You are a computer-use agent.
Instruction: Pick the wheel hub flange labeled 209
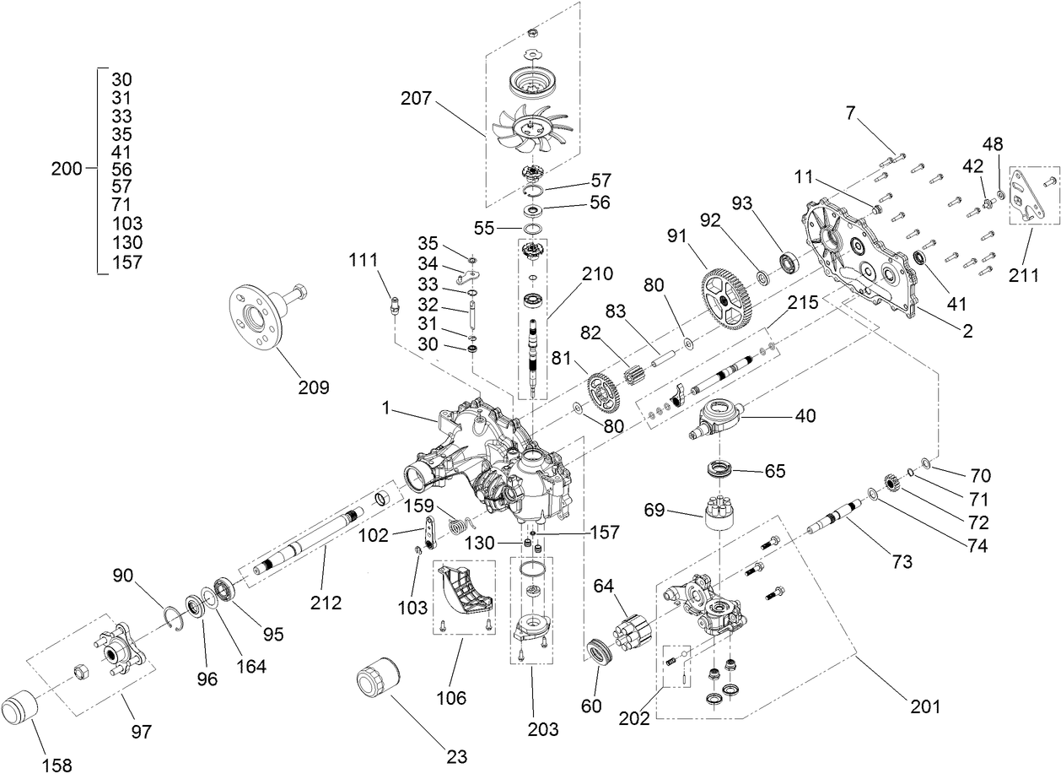pyautogui.click(x=256, y=316)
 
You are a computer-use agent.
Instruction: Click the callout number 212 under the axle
pyautogui.click(x=326, y=603)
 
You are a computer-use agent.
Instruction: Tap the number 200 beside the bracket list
pyautogui.click(x=67, y=169)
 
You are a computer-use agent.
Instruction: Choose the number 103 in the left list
pyautogui.click(x=127, y=225)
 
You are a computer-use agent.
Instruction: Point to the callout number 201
pyautogui.click(x=924, y=706)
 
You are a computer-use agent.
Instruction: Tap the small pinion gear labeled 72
pyautogui.click(x=893, y=484)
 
